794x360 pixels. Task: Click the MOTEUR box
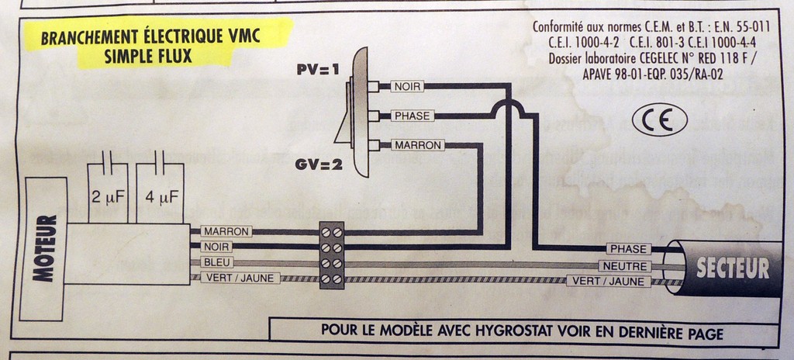point(46,248)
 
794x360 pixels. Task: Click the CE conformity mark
point(659,120)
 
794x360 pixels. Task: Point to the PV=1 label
point(318,70)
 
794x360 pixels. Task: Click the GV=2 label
point(318,164)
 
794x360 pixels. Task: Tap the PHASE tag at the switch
point(412,116)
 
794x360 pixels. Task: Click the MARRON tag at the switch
point(417,145)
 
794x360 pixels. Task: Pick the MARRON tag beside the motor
point(226,231)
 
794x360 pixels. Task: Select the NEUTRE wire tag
point(628,266)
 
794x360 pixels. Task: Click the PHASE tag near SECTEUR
point(628,249)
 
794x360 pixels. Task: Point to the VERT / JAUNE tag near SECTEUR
point(608,282)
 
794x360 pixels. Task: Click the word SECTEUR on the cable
point(733,268)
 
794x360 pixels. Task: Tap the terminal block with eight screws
point(332,255)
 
